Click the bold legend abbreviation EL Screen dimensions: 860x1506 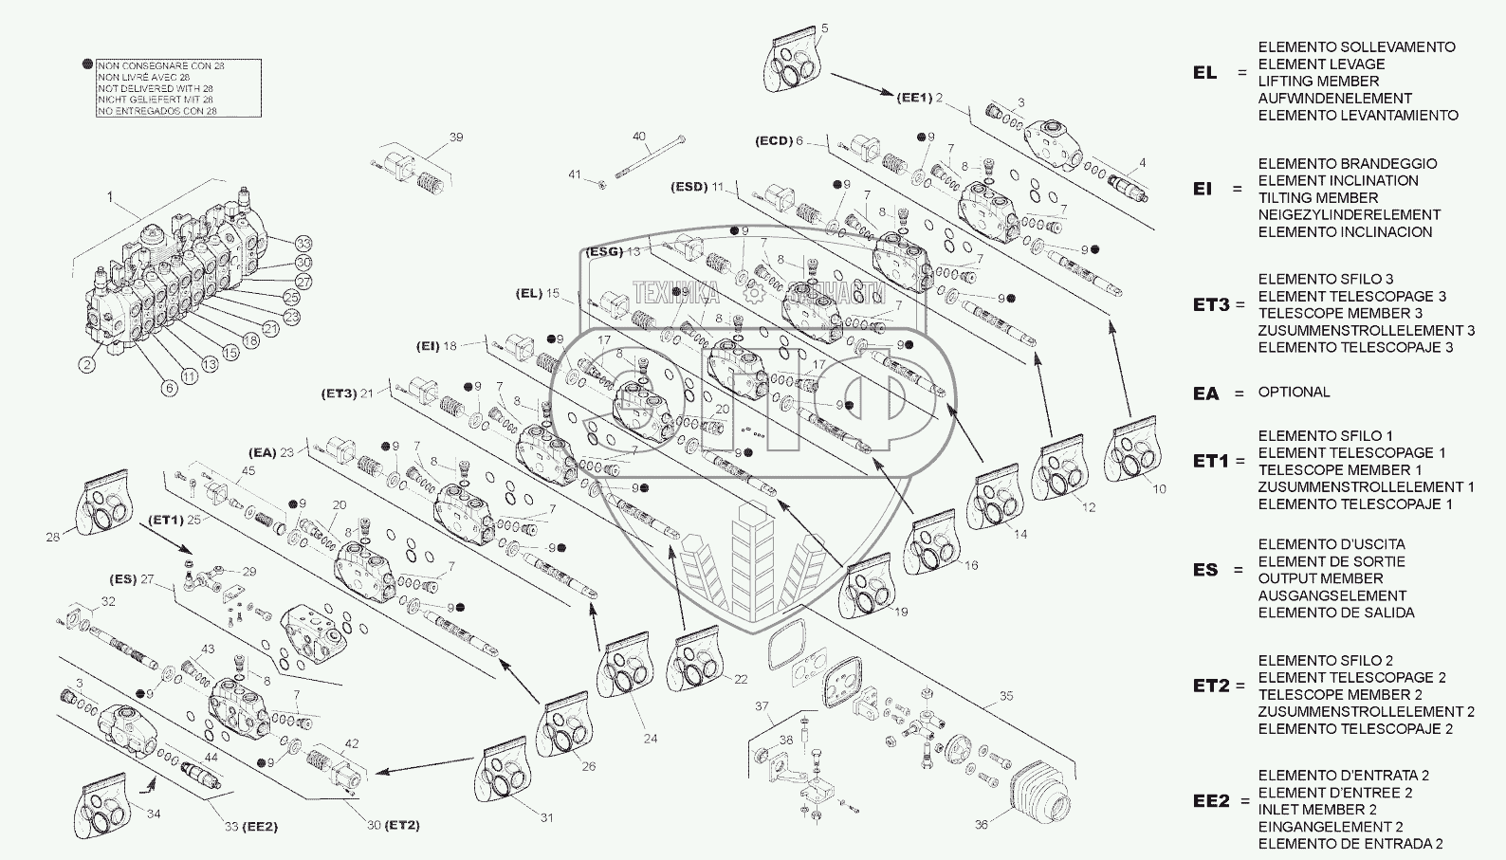[x=1204, y=73]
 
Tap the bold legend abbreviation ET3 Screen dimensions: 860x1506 [x=1211, y=304]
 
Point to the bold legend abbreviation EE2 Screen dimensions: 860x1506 [x=1211, y=801]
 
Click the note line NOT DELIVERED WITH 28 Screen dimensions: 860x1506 [x=155, y=88]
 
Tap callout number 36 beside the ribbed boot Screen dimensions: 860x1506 [x=982, y=825]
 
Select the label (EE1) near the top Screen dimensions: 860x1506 [x=914, y=98]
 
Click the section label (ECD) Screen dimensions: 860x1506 [x=773, y=141]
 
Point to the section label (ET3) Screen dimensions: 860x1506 [x=339, y=393]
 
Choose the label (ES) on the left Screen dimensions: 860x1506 [x=123, y=579]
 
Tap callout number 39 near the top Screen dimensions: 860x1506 [x=456, y=137]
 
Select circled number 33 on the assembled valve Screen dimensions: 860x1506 [x=303, y=244]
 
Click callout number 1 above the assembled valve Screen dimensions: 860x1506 [x=110, y=197]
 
